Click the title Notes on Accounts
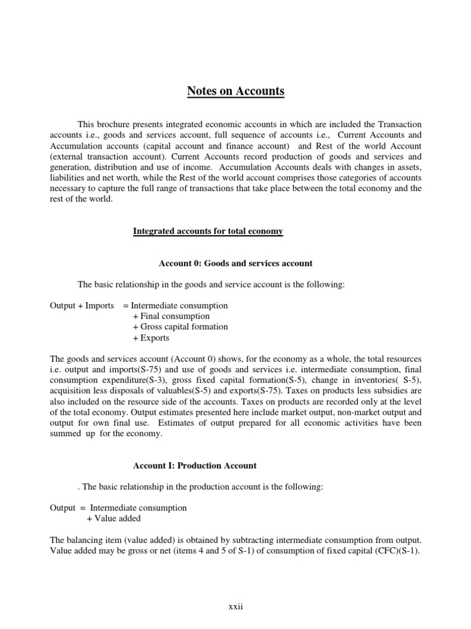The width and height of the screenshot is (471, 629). point(235,92)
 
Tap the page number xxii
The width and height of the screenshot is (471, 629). point(235,607)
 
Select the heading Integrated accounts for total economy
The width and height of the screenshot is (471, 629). point(208,231)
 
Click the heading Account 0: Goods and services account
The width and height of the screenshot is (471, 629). point(235,263)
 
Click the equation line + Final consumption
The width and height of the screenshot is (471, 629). point(170,316)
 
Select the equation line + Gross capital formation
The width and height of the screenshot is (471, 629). point(180,327)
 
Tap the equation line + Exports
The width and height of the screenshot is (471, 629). point(151,338)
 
